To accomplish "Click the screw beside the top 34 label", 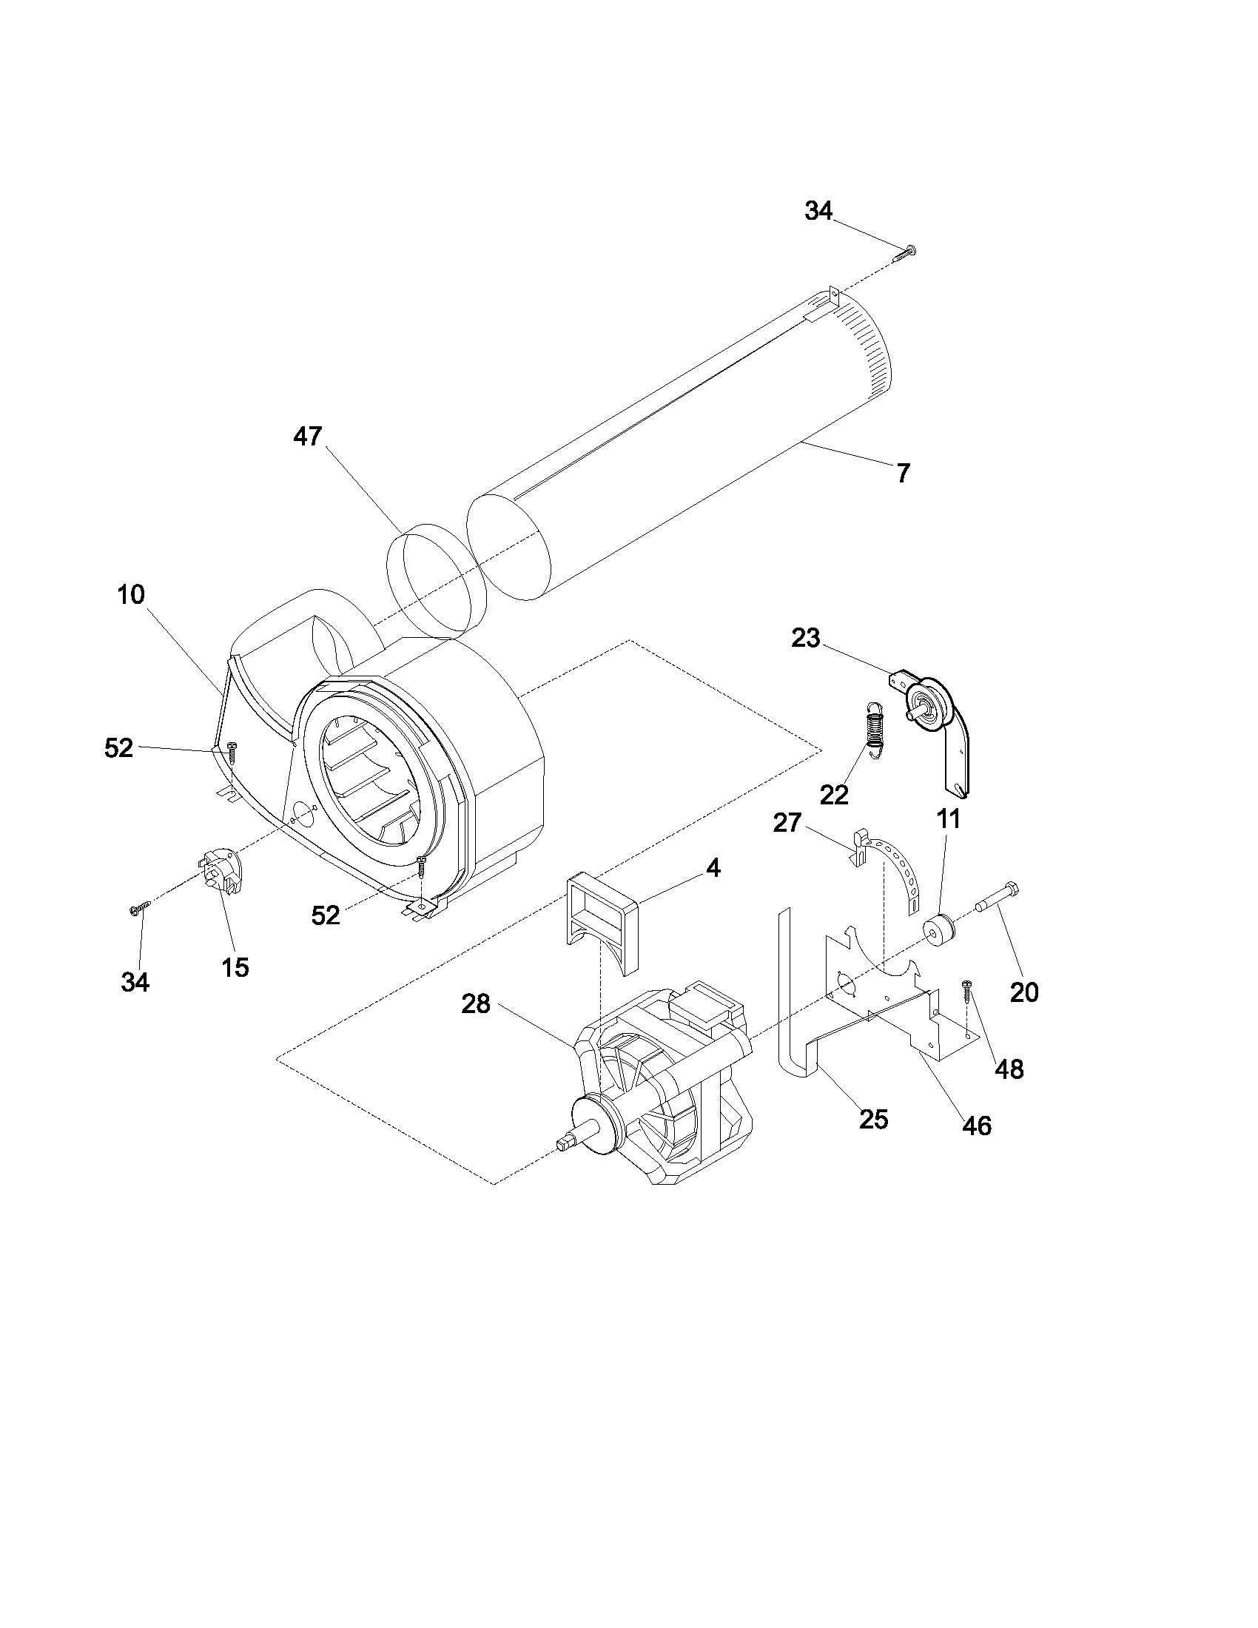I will point(904,252).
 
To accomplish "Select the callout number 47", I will point(307,436).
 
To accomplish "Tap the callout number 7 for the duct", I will point(904,473).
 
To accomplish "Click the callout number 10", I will point(130,595).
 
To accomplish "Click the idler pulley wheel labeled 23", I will point(932,704).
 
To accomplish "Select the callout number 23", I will point(805,638).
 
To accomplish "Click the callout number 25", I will point(873,1119).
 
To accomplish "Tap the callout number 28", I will point(476,1004).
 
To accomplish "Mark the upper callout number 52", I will point(118,747).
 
